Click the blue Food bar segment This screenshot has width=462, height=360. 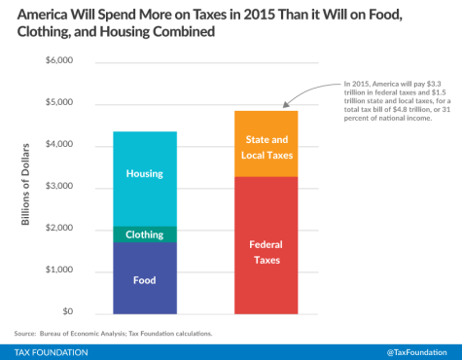click(x=144, y=278)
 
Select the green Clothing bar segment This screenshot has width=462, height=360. click(x=144, y=234)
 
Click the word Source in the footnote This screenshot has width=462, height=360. click(x=26, y=331)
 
